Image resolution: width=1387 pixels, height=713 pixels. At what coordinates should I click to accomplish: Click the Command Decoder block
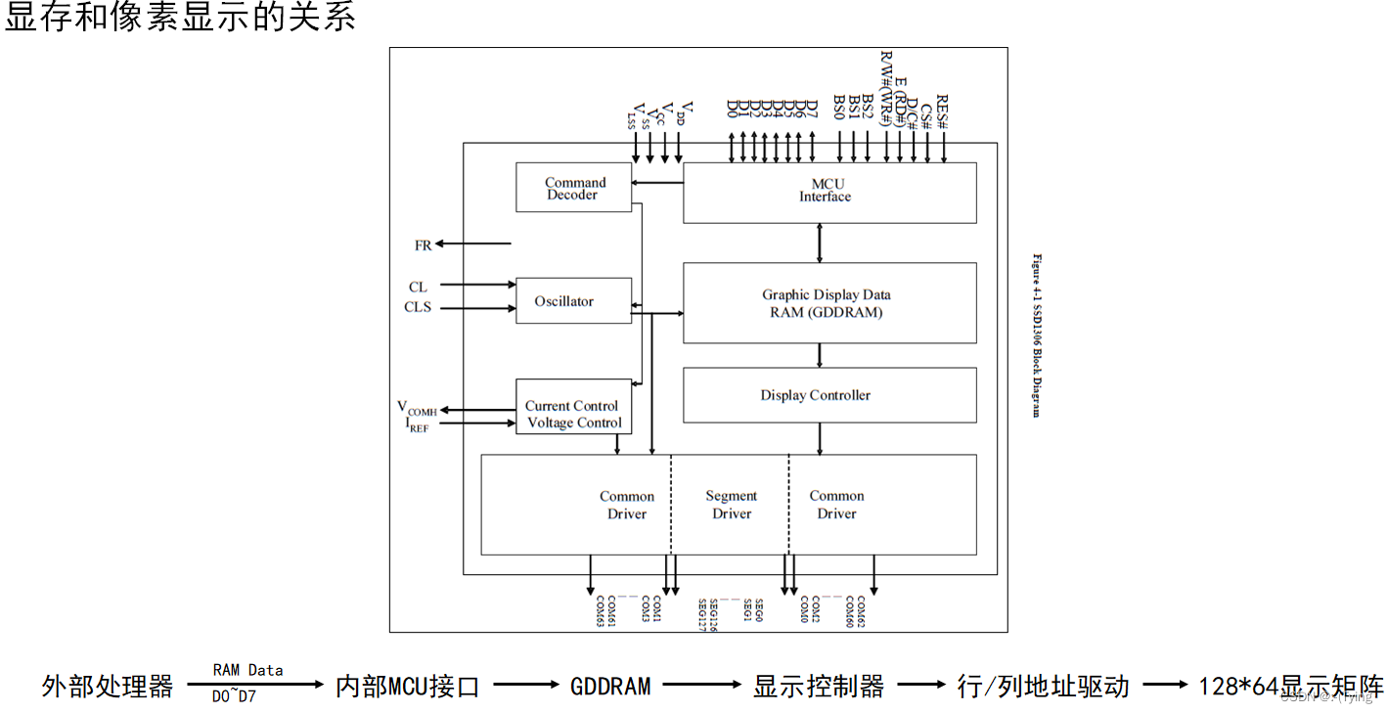click(x=574, y=188)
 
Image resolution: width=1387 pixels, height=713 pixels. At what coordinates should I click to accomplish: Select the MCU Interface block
click(x=828, y=192)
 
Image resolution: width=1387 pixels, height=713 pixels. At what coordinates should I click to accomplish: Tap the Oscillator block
click(x=573, y=301)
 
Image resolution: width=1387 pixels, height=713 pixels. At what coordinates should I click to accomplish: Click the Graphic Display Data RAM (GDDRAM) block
click(x=828, y=303)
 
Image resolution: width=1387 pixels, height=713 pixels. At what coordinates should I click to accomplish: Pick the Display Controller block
click(x=828, y=395)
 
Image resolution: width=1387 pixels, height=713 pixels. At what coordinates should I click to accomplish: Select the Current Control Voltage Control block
click(x=573, y=414)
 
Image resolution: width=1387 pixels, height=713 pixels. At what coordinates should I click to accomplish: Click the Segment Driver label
click(x=731, y=505)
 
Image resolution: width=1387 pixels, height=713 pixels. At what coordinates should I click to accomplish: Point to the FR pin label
click(x=423, y=245)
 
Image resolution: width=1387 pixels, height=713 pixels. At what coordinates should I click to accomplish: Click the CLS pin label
click(x=418, y=307)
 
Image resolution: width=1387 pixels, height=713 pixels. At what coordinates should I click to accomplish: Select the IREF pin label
click(x=417, y=424)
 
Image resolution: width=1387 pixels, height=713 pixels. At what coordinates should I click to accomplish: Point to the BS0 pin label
click(x=839, y=108)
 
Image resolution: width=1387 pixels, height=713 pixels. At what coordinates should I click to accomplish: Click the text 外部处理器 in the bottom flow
click(x=108, y=686)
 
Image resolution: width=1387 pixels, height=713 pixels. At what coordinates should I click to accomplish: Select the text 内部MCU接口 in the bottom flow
click(x=408, y=686)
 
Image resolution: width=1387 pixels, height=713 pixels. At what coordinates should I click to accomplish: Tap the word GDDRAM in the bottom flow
click(x=610, y=686)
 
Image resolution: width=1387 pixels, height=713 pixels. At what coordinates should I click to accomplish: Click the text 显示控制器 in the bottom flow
click(x=819, y=686)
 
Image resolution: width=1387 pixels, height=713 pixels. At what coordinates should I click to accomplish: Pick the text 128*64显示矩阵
click(x=1290, y=686)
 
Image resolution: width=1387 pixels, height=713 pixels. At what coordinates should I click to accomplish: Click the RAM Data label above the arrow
click(x=247, y=670)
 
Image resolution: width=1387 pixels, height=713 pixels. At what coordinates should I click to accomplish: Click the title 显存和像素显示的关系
click(x=180, y=19)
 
